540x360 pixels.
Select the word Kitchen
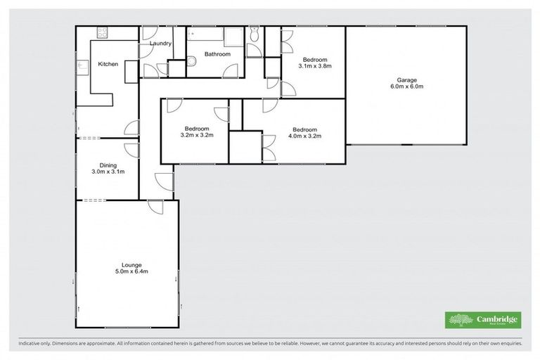pos(108,64)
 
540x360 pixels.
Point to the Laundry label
pos(161,44)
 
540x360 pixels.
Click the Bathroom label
pos(217,53)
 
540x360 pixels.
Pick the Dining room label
pos(108,165)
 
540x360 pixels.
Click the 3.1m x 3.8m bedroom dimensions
pos(314,66)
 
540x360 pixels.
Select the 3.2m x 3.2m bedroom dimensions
pos(197,136)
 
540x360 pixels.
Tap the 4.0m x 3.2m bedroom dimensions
pos(305,136)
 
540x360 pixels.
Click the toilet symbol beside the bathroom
pos(254,34)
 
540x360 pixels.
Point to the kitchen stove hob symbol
pos(101,32)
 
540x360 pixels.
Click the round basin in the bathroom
pos(191,64)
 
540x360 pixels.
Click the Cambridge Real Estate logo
pos(484,320)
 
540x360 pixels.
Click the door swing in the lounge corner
pos(156,207)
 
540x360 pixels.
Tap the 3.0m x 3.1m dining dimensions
pos(108,172)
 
